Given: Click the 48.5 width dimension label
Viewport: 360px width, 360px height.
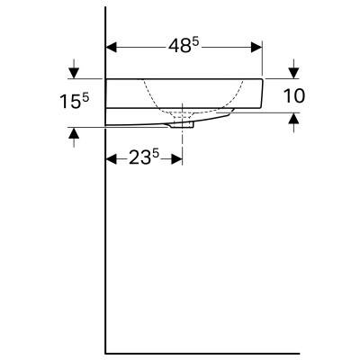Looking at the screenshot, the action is (x=184, y=46).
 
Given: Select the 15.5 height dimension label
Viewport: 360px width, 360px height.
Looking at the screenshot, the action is (x=75, y=101).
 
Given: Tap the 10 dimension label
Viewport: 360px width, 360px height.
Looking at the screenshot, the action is (x=294, y=96).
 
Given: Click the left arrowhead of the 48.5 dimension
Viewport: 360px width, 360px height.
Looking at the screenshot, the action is (x=112, y=47).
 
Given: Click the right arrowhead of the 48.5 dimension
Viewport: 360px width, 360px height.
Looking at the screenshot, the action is (x=256, y=47).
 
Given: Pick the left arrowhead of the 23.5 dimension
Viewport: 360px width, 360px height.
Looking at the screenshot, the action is (x=112, y=159).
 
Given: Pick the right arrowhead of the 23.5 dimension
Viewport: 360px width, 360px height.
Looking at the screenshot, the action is (x=176, y=159).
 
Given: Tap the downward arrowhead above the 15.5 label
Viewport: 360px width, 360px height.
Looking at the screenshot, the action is (x=74, y=73).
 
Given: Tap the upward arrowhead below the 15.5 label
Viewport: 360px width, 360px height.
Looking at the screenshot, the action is (x=74, y=132).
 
